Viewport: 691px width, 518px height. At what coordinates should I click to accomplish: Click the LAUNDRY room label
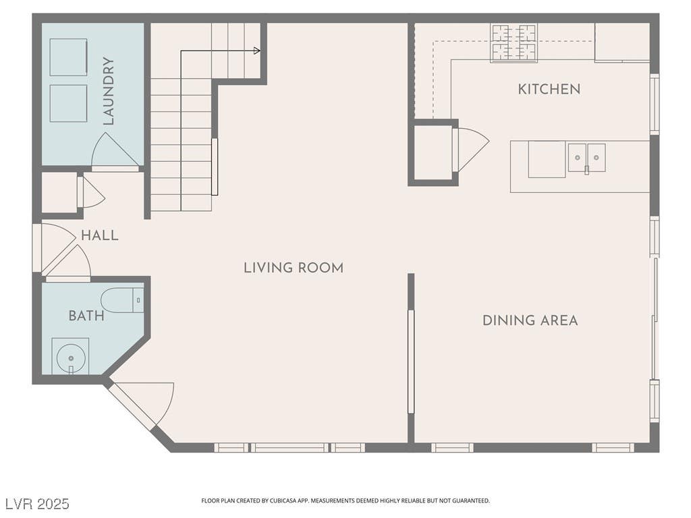click(109, 91)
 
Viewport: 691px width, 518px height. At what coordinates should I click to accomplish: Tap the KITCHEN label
click(549, 90)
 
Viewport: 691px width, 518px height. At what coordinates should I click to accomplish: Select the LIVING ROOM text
click(294, 268)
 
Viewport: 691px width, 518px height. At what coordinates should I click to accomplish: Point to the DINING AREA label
click(530, 320)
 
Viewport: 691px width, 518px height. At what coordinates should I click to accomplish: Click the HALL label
click(100, 235)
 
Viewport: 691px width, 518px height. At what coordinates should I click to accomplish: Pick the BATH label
click(86, 316)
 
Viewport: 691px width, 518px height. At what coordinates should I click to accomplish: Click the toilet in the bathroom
click(123, 300)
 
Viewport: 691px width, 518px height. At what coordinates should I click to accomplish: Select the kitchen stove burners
click(514, 42)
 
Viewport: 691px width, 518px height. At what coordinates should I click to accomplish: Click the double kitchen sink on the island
click(586, 157)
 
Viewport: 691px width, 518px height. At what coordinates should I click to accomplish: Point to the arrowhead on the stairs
click(257, 51)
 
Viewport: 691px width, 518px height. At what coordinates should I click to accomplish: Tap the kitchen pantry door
click(470, 149)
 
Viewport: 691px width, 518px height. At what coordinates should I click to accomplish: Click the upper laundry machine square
click(68, 57)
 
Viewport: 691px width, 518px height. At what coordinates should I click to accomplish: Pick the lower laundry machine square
click(68, 103)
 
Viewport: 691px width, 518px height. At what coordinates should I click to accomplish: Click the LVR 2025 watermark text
click(37, 503)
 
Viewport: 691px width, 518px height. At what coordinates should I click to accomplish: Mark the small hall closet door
click(91, 192)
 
